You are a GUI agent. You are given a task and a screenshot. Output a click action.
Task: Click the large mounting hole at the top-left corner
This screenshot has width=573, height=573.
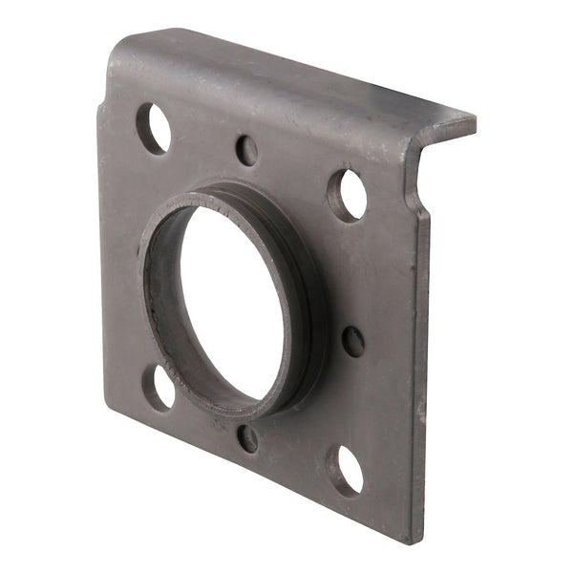click(154, 128)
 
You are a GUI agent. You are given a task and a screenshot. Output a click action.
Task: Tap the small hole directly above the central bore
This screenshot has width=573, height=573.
click(246, 150)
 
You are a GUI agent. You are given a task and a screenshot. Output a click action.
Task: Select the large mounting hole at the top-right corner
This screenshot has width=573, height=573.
click(348, 194)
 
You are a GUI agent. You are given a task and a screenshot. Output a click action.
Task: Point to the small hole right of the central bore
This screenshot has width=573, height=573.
click(353, 341)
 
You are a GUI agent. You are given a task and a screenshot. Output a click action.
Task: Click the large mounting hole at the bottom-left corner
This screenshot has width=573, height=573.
click(158, 387)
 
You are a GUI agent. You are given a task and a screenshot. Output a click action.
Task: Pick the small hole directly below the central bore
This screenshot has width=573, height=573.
click(247, 437)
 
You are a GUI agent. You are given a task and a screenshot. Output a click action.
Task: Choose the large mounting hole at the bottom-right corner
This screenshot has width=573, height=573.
click(345, 469)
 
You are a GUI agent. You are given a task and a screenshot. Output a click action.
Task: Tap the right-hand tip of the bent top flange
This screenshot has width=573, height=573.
click(472, 120)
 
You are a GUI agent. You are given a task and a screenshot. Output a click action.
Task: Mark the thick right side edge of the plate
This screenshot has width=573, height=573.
click(421, 382)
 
